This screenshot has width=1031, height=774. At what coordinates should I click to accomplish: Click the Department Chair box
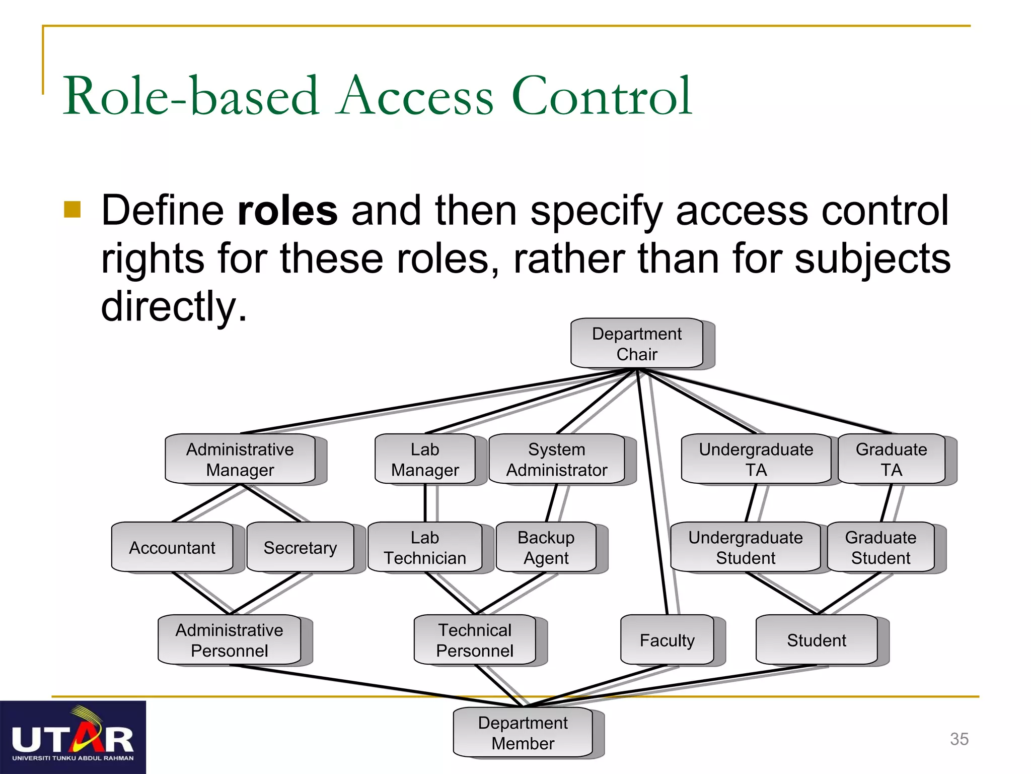[x=637, y=343]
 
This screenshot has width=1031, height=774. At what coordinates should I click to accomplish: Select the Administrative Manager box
[x=240, y=459]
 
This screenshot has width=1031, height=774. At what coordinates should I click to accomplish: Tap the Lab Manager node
[x=425, y=459]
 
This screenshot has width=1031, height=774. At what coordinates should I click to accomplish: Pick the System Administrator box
[x=556, y=459]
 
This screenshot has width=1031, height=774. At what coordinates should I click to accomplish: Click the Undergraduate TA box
[x=756, y=459]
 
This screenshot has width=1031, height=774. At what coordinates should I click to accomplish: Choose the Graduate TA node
[x=891, y=459]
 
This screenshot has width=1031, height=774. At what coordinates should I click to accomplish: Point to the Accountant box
[x=172, y=547]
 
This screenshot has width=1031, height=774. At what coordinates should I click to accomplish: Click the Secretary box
[x=300, y=547]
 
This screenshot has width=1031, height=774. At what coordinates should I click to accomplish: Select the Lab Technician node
[x=425, y=547]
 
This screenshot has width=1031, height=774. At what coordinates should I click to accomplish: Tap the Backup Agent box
[x=546, y=547]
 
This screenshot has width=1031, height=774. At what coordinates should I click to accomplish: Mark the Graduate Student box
[x=880, y=547]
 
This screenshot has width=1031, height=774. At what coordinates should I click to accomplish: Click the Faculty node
[x=667, y=640]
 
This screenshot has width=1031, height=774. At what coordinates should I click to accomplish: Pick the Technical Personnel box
[x=475, y=640]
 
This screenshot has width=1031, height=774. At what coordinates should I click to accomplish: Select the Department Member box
[x=523, y=733]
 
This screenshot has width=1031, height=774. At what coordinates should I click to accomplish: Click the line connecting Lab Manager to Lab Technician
[x=425, y=503]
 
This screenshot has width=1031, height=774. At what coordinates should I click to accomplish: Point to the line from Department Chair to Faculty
[x=652, y=494]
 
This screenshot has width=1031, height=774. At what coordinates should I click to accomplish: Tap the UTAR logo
[x=73, y=738]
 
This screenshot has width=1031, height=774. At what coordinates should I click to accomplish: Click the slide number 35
[x=959, y=739]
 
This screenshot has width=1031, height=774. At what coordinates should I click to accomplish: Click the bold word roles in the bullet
[x=287, y=211]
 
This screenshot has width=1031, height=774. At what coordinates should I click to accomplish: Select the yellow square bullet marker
[x=72, y=209]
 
